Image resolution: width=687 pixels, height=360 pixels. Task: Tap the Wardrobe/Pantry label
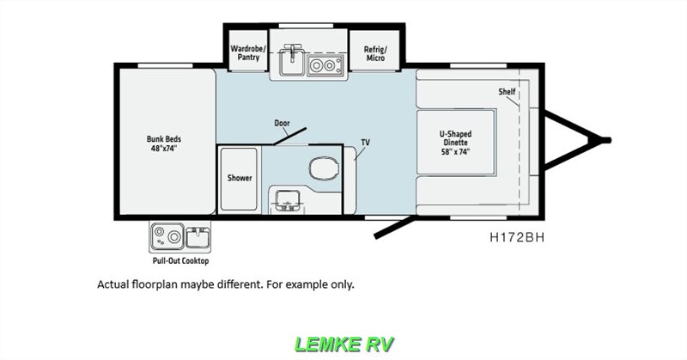coord(248,53)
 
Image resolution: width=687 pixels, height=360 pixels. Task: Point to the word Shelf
coord(507,91)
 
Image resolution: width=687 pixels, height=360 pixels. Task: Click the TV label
coord(364,143)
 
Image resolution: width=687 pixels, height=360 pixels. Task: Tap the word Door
coord(281,123)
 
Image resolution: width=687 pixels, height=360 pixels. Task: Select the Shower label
coord(240,178)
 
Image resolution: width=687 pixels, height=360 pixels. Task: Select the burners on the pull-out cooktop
coord(164,235)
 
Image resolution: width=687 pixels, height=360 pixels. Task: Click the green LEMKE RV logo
coord(343,344)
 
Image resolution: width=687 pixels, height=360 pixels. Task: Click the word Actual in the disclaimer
coord(115,284)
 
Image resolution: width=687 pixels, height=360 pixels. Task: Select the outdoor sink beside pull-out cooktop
coord(197,233)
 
